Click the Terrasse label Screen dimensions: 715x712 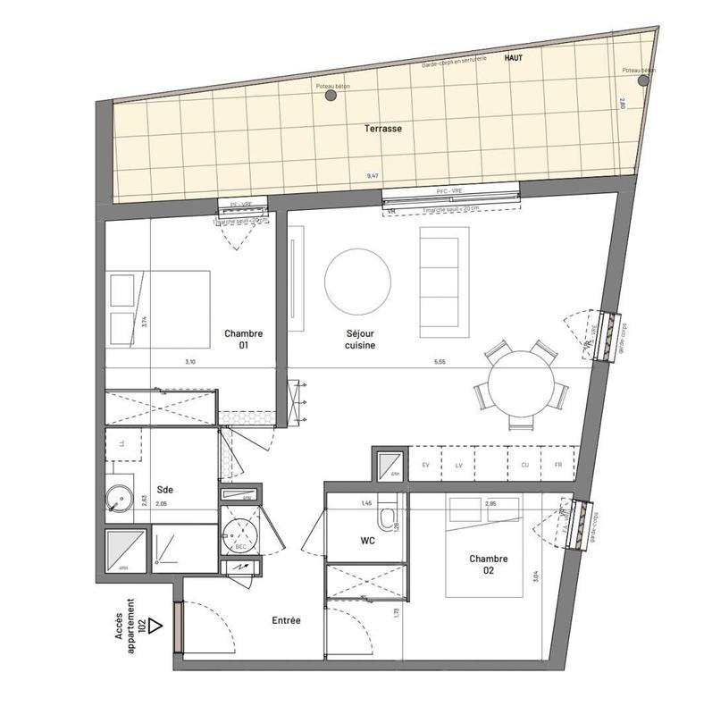(382, 129)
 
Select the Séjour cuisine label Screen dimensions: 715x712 (348, 339)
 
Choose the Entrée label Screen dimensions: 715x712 (286, 620)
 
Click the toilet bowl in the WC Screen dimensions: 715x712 (388, 519)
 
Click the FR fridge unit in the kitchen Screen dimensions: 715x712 (558, 466)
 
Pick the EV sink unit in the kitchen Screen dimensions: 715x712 (425, 466)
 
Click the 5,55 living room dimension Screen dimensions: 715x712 (438, 361)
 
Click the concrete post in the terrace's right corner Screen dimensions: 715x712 (642, 80)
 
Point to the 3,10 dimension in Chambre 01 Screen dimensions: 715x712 (189, 361)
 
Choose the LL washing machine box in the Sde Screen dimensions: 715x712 (121, 443)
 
